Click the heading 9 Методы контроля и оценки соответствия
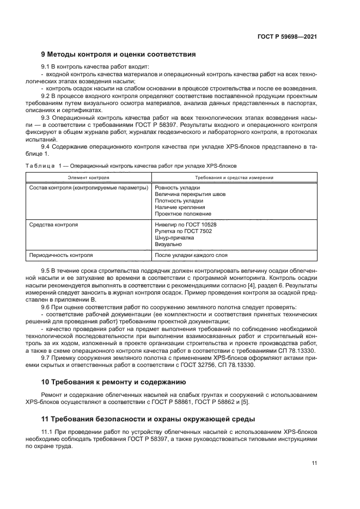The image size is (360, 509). [x=119, y=54]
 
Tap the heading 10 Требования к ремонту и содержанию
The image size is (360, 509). [x=114, y=381]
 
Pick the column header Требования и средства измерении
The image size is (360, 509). [x=234, y=177]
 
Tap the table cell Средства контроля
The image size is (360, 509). [x=53, y=224]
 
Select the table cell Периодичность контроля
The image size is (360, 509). [x=61, y=255]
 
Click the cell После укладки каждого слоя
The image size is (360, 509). [x=191, y=255]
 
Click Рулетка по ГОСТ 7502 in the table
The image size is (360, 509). [x=184, y=231]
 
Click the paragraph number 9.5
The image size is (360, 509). [x=46, y=271]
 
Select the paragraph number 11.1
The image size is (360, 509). [x=47, y=432]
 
